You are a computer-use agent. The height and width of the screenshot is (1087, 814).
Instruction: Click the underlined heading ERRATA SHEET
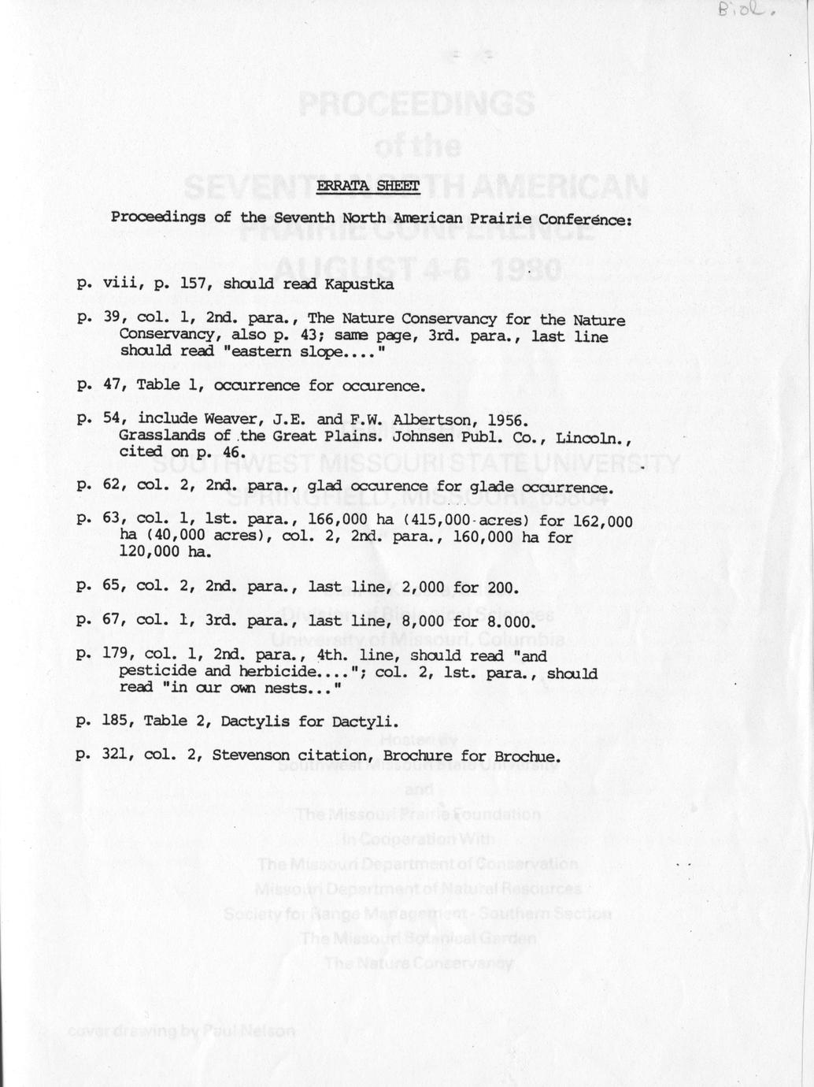tap(368, 186)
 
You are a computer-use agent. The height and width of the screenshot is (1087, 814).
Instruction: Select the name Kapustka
tap(359, 284)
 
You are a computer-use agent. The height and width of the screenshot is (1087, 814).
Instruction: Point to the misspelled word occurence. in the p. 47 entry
tap(384, 386)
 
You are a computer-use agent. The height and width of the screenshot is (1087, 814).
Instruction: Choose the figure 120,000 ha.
tap(165, 552)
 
